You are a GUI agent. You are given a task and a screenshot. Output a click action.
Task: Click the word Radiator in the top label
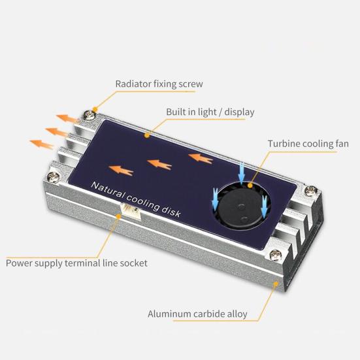coord(134,84)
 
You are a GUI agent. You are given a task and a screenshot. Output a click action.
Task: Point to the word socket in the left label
coord(133,263)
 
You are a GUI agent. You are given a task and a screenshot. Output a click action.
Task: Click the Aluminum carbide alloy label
coord(197,314)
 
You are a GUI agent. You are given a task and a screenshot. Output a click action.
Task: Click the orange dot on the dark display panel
coord(147,135)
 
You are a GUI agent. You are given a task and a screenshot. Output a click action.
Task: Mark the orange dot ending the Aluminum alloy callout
coord(280,284)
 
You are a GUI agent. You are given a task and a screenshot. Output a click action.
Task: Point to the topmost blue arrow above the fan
coord(242,173)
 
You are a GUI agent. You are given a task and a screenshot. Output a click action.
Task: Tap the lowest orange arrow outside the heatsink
coord(42,144)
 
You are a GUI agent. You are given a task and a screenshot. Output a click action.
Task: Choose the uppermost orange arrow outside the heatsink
coord(66,118)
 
